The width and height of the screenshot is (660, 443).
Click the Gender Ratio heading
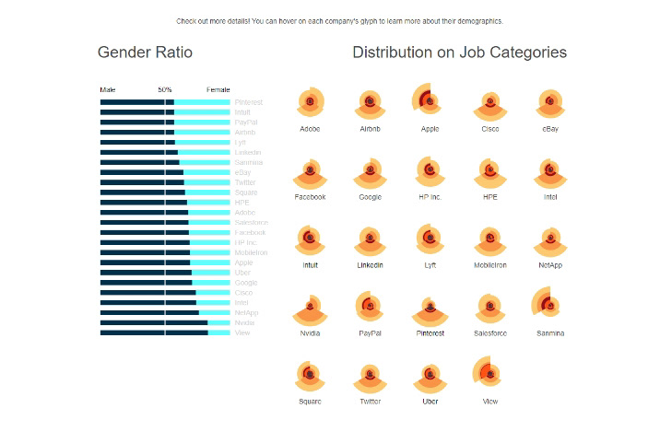pyautogui.click(x=145, y=52)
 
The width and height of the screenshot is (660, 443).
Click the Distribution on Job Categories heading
pyautogui.click(x=459, y=52)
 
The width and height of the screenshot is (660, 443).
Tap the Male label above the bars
pyautogui.click(x=108, y=89)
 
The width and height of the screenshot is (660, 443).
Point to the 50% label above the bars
pyautogui.click(x=165, y=89)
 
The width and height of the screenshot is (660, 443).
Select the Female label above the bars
pyautogui.click(x=218, y=89)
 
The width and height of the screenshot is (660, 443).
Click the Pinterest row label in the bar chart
pyautogui.click(x=249, y=102)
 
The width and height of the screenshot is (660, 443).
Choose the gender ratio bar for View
pyautogui.click(x=165, y=332)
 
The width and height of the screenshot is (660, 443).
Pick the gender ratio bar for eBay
pyautogui.click(x=165, y=172)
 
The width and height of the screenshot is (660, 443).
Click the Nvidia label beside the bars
pyautogui.click(x=244, y=322)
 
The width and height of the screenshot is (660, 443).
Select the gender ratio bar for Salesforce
pyautogui.click(x=165, y=222)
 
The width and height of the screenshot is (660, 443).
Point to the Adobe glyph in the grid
pyautogui.click(x=310, y=101)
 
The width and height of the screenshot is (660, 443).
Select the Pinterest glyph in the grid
pyautogui.click(x=430, y=309)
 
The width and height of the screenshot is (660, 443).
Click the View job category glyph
pyautogui.click(x=489, y=374)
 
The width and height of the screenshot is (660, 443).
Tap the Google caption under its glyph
pyautogui.click(x=370, y=197)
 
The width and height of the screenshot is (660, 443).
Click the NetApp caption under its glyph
pyautogui.click(x=550, y=265)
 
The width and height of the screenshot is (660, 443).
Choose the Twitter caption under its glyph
pyautogui.click(x=370, y=402)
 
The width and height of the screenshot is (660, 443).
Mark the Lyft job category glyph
pyautogui.click(x=430, y=239)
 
